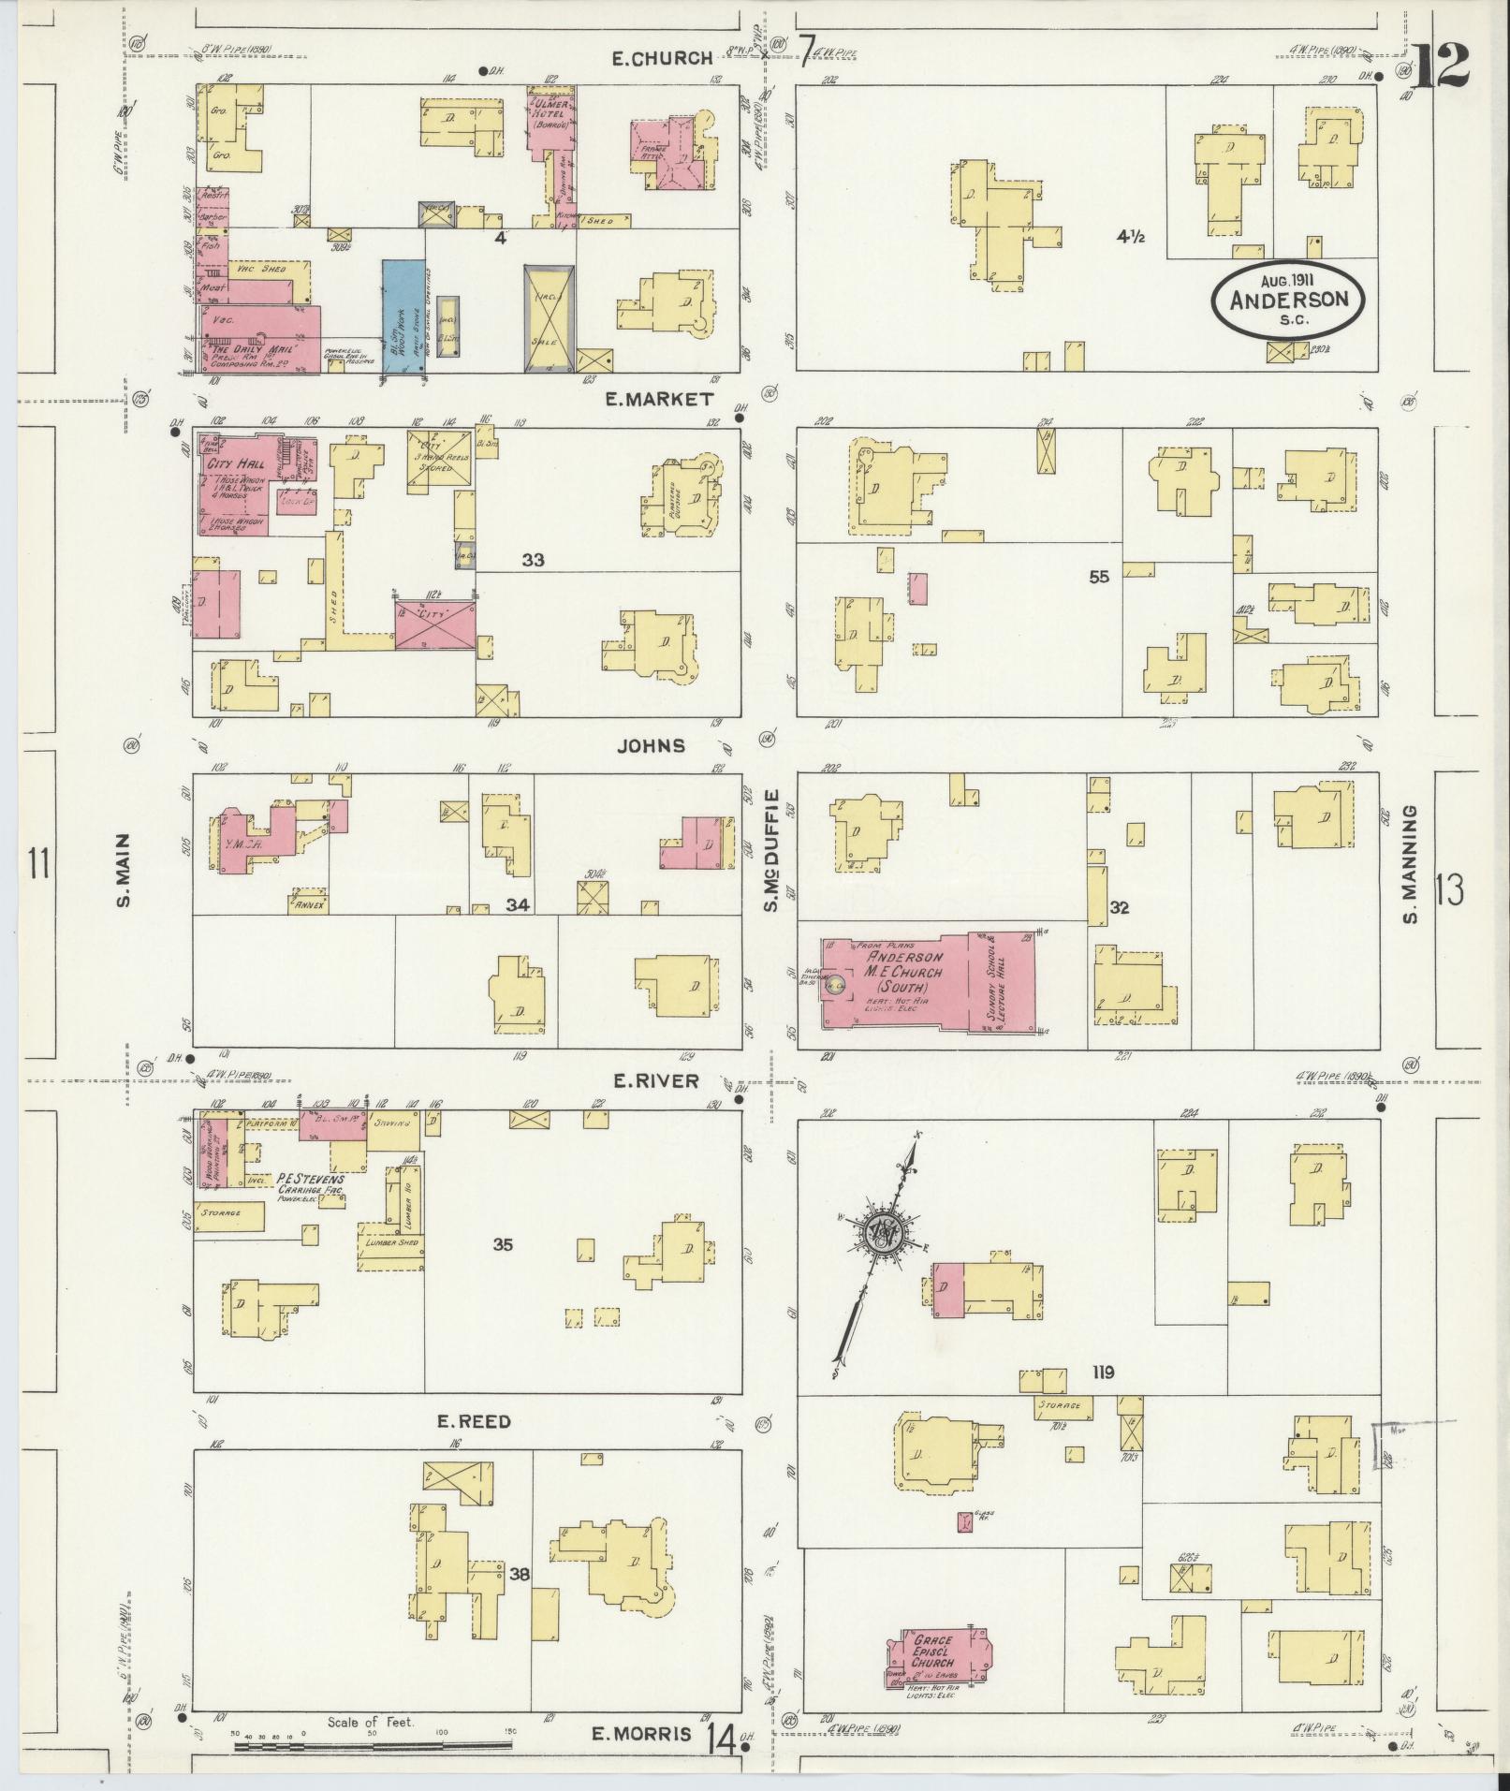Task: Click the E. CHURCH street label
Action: (661, 58)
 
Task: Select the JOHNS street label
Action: (651, 746)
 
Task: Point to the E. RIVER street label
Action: (656, 1080)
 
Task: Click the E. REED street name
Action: (475, 1421)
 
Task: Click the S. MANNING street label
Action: (1410, 862)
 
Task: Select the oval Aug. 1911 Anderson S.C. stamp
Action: (1288, 298)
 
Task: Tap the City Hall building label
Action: (240, 462)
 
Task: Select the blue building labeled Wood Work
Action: (403, 316)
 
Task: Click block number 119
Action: (1102, 1373)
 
